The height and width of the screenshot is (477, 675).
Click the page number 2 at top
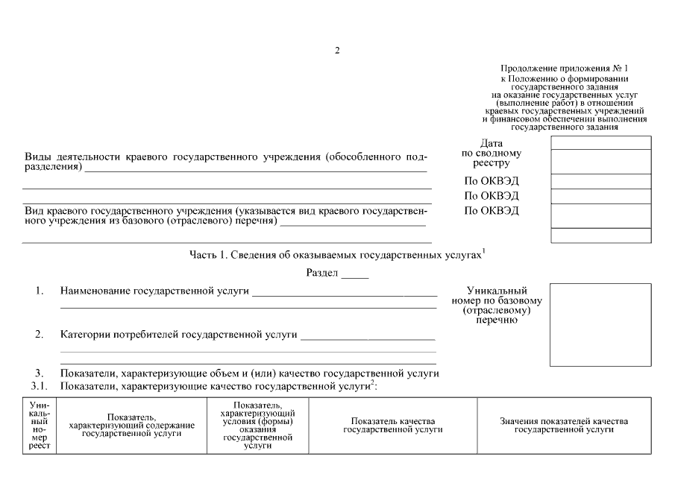tap(337, 51)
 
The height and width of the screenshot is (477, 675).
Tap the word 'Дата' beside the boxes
tap(492, 143)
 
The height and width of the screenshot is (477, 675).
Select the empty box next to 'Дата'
tap(600, 142)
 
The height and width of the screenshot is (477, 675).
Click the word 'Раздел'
tap(322, 274)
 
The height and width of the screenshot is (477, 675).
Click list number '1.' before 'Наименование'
tap(40, 291)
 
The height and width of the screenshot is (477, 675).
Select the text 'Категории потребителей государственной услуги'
tap(178, 335)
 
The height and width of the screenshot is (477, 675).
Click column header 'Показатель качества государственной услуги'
tap(392, 426)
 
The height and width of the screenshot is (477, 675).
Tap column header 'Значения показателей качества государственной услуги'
tap(563, 426)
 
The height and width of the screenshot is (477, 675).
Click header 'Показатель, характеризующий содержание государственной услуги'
tap(131, 426)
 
